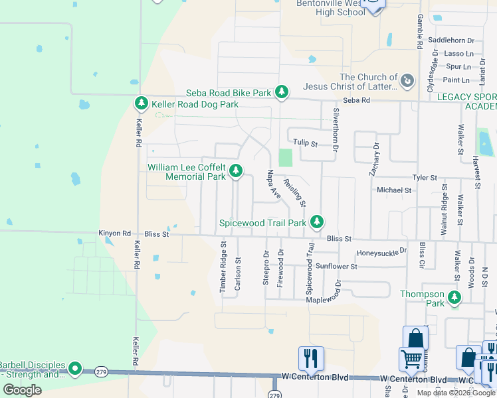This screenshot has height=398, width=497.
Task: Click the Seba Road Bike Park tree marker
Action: [x=282, y=92]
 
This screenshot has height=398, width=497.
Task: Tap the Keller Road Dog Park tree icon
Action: [x=141, y=103]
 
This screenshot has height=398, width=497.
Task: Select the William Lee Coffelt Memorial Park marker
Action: [x=235, y=172]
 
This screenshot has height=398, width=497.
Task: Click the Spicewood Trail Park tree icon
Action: [x=318, y=222]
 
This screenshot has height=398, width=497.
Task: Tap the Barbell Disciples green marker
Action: [x=75, y=368]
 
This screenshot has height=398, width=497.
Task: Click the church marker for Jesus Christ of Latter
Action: [x=407, y=82]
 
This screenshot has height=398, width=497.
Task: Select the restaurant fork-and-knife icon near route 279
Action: [x=311, y=358]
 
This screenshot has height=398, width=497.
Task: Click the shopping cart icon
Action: [x=411, y=360]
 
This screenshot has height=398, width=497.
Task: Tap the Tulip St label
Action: [x=306, y=143]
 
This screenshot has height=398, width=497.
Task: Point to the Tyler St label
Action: [x=425, y=178]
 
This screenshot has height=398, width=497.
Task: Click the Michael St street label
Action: [x=394, y=190]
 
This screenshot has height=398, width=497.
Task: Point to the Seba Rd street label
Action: [x=357, y=100]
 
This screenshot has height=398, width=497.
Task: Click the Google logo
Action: [x=22, y=390]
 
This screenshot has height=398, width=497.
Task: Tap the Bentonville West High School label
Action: [x=332, y=7]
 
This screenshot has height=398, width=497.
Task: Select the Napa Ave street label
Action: [x=272, y=183]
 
